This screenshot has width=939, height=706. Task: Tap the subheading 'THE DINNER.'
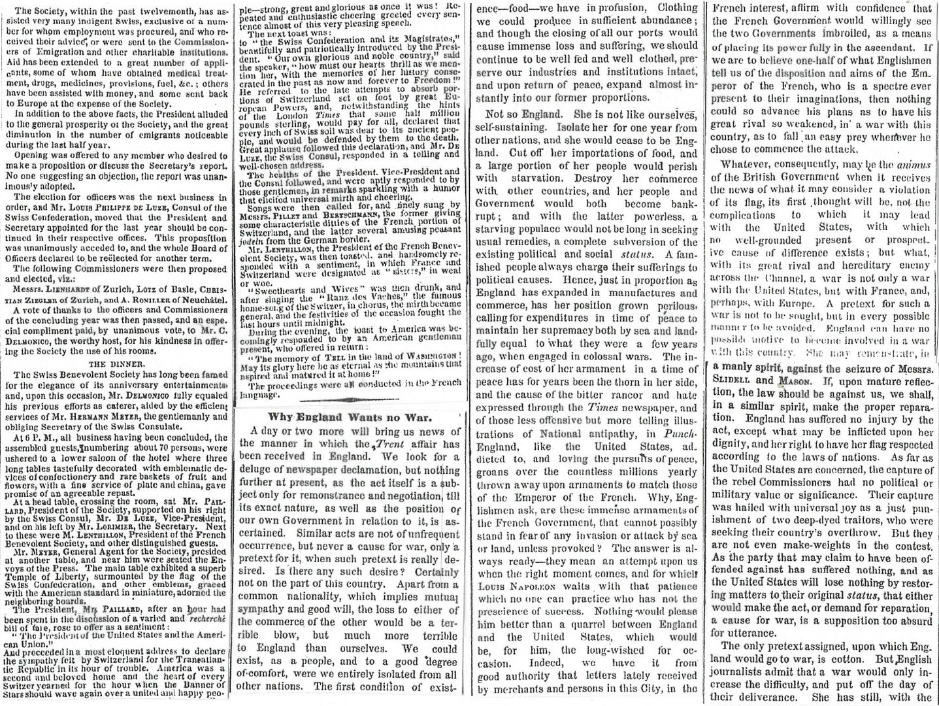(x=115, y=363)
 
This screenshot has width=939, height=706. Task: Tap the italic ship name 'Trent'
(x=383, y=444)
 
